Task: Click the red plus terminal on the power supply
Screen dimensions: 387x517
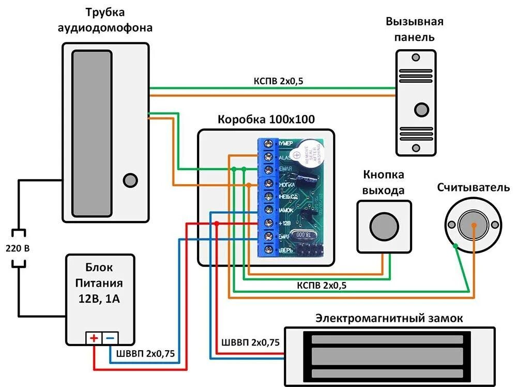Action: pyautogui.click(x=94, y=338)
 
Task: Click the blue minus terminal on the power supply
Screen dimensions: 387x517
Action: pyautogui.click(x=111, y=338)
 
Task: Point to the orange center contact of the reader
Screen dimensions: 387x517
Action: pyautogui.click(x=474, y=225)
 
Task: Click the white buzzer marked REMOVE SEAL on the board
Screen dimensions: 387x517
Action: pyautogui.click(x=309, y=154)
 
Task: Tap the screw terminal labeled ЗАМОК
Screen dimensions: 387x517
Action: pyautogui.click(x=268, y=210)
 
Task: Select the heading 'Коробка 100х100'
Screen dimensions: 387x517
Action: pyautogui.click(x=266, y=120)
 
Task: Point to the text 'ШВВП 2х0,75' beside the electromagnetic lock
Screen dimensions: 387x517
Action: pyautogui.click(x=250, y=343)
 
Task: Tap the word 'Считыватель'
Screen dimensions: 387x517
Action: pyautogui.click(x=473, y=187)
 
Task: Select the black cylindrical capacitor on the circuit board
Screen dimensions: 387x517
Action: pyautogui.click(x=304, y=179)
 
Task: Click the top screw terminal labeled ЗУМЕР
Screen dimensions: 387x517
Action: pyautogui.click(x=268, y=143)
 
